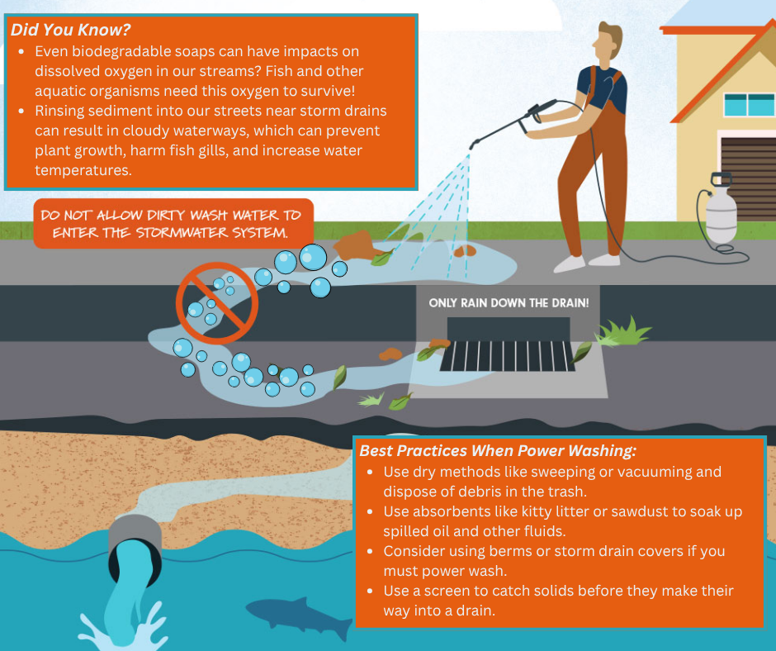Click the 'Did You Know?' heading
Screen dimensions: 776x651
point(71,30)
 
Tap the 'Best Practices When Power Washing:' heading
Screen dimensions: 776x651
point(498,451)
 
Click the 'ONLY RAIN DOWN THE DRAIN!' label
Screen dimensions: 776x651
point(509,302)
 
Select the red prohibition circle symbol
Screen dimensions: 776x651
point(217,303)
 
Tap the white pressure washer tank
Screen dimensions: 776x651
point(721,208)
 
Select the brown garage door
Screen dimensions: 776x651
point(748,178)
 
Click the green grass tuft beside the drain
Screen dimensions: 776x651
point(623,332)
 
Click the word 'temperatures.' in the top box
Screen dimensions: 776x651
point(83,170)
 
